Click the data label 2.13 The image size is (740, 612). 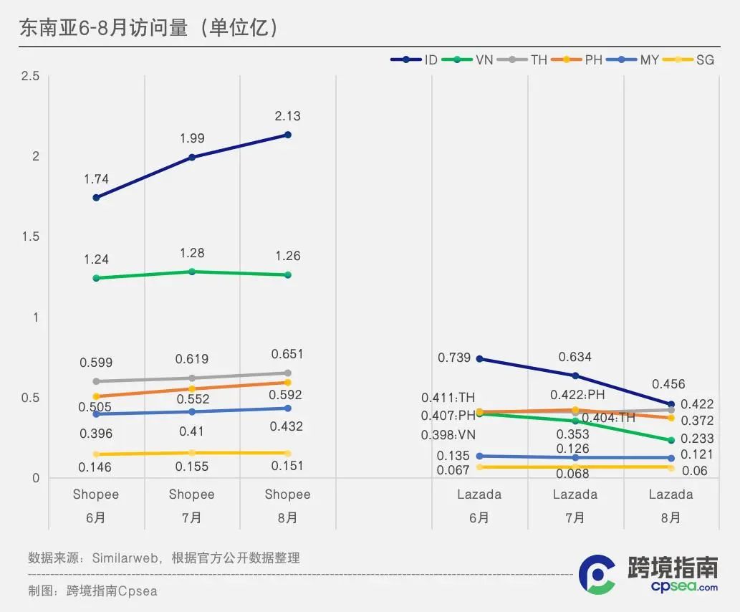[287, 116]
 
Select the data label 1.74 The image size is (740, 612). [96, 179]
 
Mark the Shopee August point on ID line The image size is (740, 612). [288, 135]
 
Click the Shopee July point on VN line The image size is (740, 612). [192, 272]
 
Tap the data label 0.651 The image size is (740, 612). [287, 354]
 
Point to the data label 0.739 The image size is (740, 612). [454, 358]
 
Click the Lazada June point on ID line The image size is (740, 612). [479, 359]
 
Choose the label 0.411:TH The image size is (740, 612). [448, 398]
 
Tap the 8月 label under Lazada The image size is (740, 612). [671, 517]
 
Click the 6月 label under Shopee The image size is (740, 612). [96, 517]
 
